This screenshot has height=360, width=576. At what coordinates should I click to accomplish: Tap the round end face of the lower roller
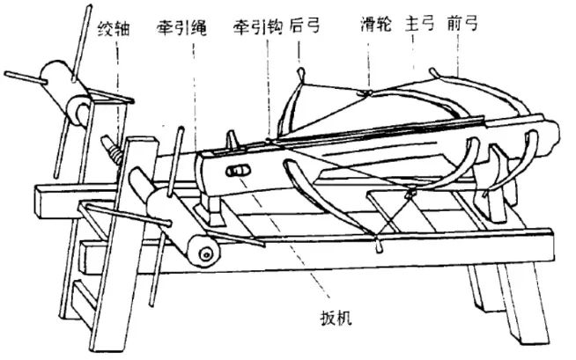click(x=206, y=253)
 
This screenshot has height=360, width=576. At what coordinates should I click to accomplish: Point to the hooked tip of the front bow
click(x=432, y=70)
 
